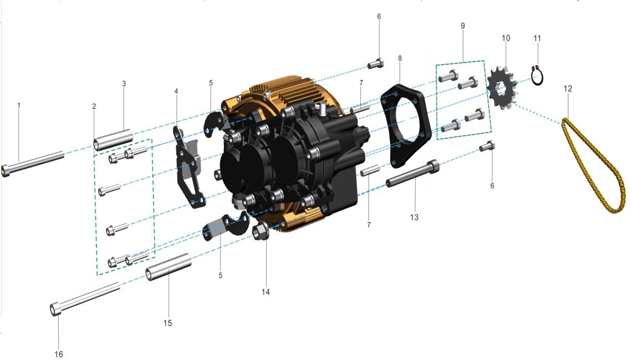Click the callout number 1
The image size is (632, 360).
pos(18,105)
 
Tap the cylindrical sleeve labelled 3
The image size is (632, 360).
pos(114,140)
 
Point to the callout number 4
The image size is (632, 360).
pos(176,91)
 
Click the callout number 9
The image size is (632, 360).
pos(462,26)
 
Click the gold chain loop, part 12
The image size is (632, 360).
pos(593,166)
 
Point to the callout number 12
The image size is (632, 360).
pos(568,88)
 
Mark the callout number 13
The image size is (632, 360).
pos(414,217)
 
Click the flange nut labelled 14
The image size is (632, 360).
pos(261,231)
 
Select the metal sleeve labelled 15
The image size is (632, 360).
pos(169,267)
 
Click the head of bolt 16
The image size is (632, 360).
pos(56,309)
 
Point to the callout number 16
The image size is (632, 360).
pos(59,354)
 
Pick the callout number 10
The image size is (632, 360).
pos(506,38)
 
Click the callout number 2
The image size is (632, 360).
pos(94,106)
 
